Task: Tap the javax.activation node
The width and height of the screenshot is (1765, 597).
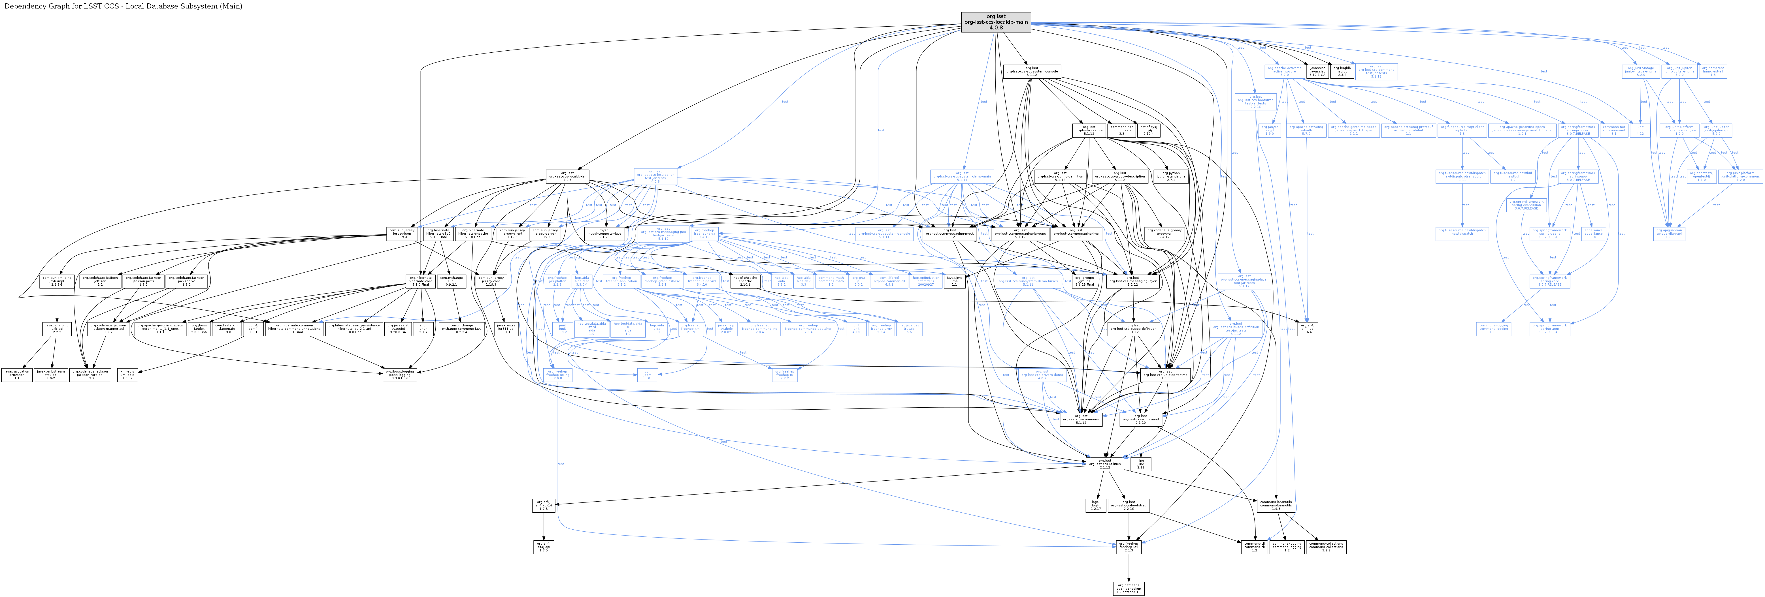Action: point(16,375)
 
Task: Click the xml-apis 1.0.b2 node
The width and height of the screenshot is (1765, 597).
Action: point(127,375)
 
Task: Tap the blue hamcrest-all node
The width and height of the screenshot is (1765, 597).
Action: point(1712,71)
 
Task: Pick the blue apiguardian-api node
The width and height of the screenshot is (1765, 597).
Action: point(1668,234)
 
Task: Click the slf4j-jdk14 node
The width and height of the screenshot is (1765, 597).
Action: point(543,505)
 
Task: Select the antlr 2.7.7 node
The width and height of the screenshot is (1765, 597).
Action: point(423,329)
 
